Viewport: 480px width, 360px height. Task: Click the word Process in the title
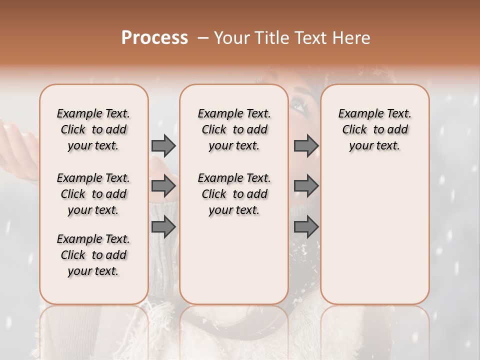click(x=154, y=38)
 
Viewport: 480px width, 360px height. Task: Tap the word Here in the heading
click(x=351, y=38)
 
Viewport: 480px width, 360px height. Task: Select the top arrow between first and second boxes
click(x=163, y=145)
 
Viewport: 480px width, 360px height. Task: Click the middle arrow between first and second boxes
click(x=163, y=186)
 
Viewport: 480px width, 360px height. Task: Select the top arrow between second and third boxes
click(x=306, y=145)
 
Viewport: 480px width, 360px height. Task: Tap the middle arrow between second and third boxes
click(x=306, y=186)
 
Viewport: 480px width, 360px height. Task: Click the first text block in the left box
click(x=93, y=129)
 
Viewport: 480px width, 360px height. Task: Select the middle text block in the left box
click(x=93, y=194)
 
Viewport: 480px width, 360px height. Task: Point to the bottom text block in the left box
click(x=93, y=255)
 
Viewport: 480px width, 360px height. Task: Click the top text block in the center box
click(x=234, y=129)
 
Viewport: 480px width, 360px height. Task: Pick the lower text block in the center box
click(x=234, y=194)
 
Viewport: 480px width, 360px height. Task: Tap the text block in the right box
click(x=374, y=129)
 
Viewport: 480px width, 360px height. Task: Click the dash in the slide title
click(x=203, y=38)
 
